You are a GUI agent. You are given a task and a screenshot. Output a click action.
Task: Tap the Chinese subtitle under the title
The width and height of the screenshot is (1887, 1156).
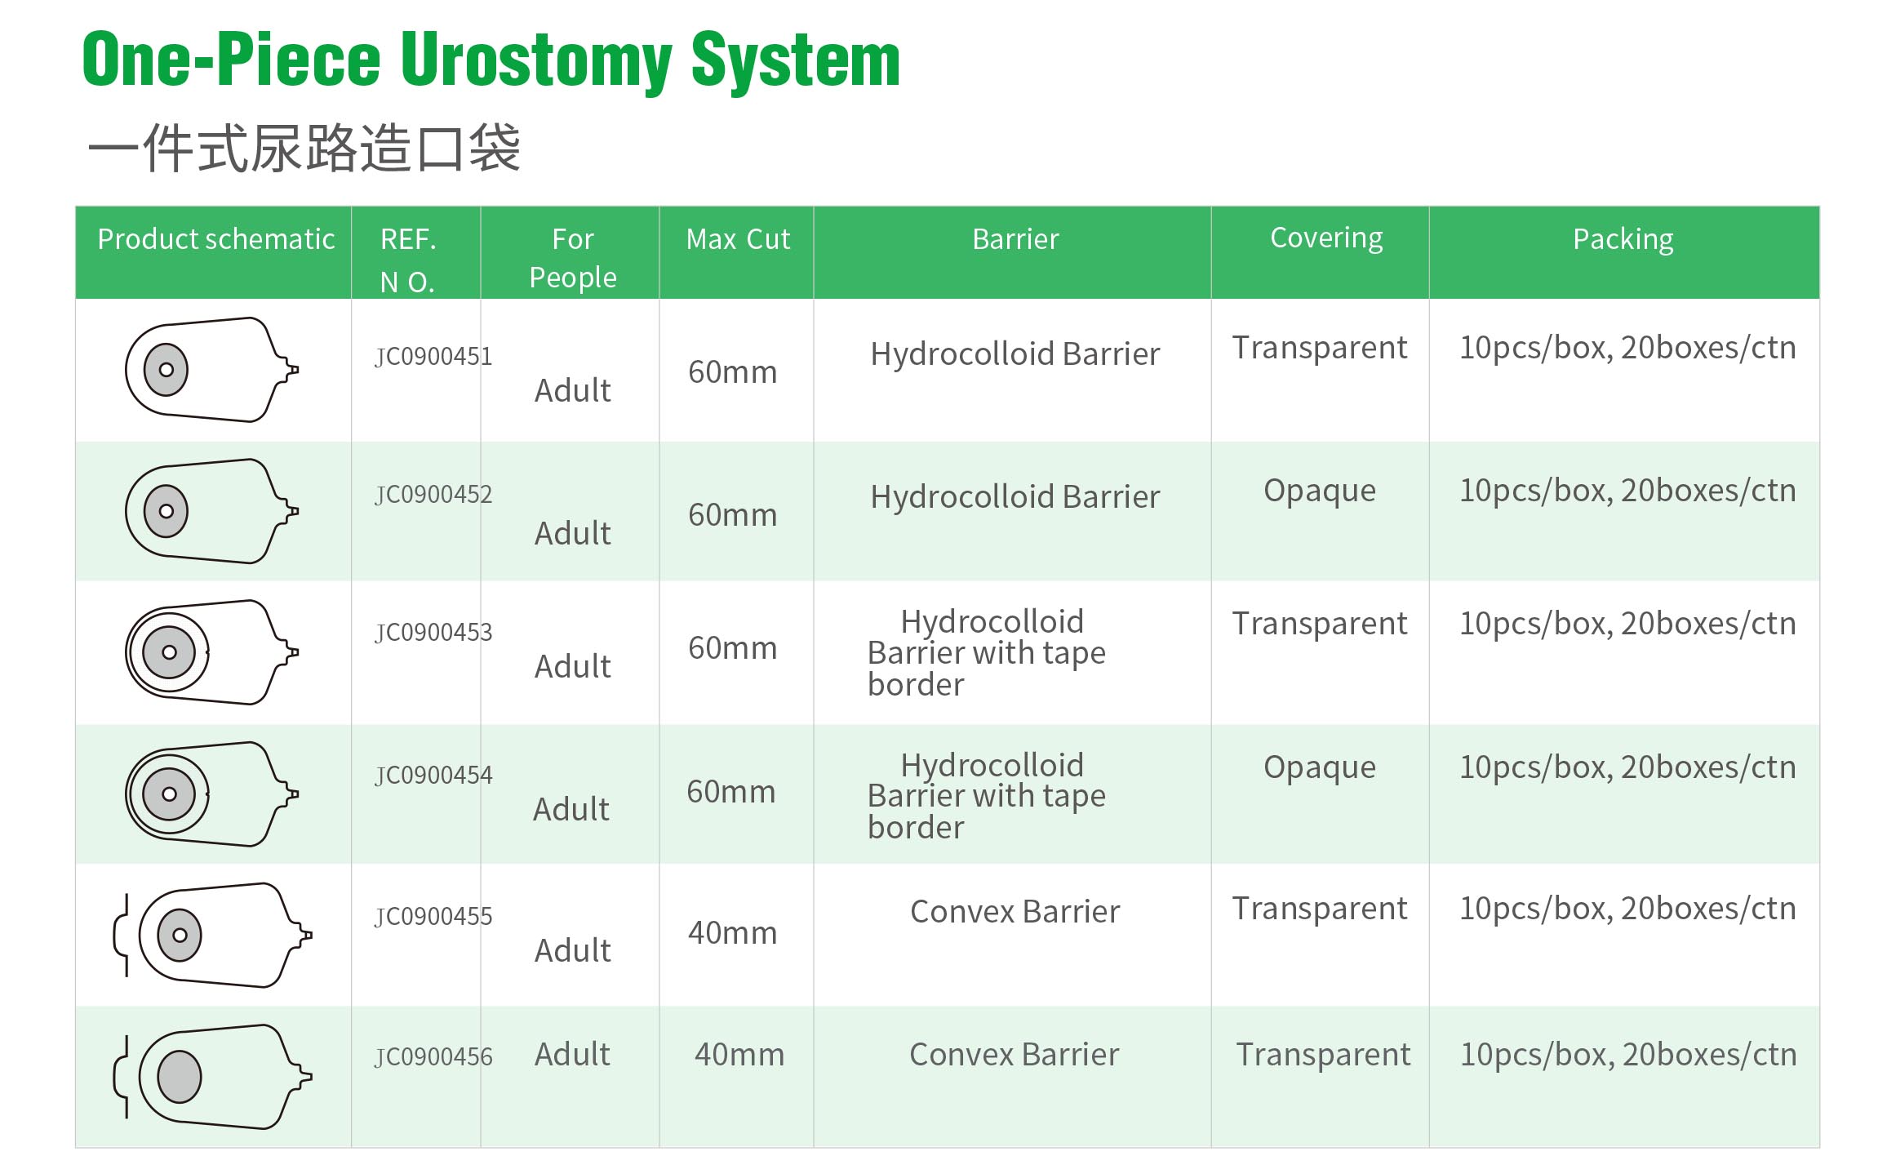(304, 148)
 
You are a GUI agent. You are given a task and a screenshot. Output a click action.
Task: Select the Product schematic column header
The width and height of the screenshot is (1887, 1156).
(216, 239)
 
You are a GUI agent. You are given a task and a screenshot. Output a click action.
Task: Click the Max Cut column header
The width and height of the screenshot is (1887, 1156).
(738, 239)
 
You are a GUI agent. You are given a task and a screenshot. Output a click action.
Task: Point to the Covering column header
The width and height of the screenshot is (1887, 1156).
(1326, 238)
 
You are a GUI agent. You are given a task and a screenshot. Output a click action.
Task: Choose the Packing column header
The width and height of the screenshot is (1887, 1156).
(1623, 239)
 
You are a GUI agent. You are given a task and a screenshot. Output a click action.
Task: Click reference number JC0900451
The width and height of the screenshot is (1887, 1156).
(433, 357)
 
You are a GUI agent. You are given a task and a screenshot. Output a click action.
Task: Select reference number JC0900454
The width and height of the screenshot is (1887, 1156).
(433, 775)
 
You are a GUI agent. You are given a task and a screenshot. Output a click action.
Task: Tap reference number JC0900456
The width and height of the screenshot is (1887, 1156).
(433, 1057)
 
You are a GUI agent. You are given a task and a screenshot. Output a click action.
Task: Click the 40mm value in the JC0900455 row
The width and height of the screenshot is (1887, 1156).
(733, 933)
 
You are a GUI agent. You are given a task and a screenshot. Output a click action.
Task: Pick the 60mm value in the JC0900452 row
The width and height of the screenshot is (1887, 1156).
(733, 515)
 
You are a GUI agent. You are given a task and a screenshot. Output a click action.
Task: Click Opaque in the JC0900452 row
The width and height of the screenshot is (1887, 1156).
(1320, 491)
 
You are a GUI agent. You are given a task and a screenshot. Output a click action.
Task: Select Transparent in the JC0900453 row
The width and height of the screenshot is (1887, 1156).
(1320, 624)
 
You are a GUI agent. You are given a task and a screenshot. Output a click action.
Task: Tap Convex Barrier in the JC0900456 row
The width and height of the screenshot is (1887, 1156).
(1015, 1055)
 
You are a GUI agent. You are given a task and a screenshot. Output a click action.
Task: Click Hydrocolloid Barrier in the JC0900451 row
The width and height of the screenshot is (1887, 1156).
(1015, 354)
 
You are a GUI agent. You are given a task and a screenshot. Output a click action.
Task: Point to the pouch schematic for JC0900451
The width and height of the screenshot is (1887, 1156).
(212, 370)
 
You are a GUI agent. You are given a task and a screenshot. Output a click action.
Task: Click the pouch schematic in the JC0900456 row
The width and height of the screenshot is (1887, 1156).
(212, 1077)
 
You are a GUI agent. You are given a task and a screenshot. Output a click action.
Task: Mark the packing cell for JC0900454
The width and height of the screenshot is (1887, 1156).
(1627, 767)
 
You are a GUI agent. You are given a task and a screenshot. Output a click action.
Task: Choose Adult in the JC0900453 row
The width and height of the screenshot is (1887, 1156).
(573, 667)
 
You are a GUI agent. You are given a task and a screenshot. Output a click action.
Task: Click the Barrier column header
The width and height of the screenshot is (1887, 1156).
(1015, 239)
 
